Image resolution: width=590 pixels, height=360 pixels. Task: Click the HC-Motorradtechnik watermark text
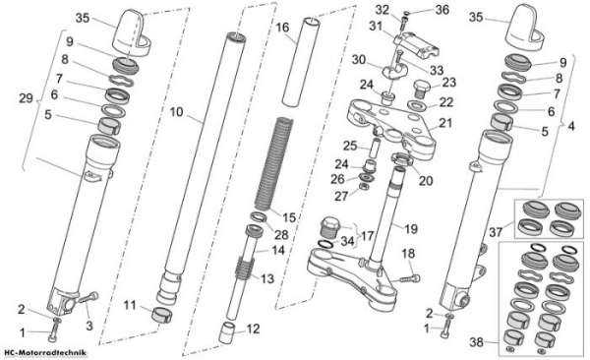pyautogui.click(x=45, y=353)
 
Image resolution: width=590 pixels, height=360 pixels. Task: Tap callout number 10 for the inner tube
pyautogui.click(x=176, y=112)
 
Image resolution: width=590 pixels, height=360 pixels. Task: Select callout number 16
pyautogui.click(x=282, y=28)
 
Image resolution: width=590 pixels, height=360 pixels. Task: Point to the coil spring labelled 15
pyautogui.click(x=273, y=164)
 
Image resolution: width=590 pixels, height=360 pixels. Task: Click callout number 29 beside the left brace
pyautogui.click(x=26, y=98)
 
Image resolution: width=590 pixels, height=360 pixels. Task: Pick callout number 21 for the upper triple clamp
pyautogui.click(x=445, y=123)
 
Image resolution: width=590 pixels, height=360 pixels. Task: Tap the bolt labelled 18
pyautogui.click(x=410, y=279)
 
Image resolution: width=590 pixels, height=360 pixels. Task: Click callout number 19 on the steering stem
pyautogui.click(x=410, y=228)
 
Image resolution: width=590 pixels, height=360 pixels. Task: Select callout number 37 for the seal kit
pyautogui.click(x=496, y=232)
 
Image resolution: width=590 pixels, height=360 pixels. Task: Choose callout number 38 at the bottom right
pyautogui.click(x=477, y=342)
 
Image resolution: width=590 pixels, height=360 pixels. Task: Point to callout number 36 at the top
pyautogui.click(x=442, y=10)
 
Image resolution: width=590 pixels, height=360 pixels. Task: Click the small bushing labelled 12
pyautogui.click(x=228, y=332)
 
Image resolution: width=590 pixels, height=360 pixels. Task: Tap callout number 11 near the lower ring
pyautogui.click(x=130, y=305)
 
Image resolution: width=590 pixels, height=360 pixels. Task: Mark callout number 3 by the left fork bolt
pyautogui.click(x=89, y=326)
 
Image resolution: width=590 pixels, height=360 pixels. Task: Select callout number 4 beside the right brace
pyautogui.click(x=571, y=126)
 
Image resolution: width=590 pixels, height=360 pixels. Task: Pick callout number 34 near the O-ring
pyautogui.click(x=348, y=241)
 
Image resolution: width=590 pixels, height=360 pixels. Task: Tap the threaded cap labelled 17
pyautogui.click(x=330, y=226)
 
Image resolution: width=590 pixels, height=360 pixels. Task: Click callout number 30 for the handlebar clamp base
pyautogui.click(x=359, y=59)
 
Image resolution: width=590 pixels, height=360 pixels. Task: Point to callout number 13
pyautogui.click(x=267, y=278)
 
